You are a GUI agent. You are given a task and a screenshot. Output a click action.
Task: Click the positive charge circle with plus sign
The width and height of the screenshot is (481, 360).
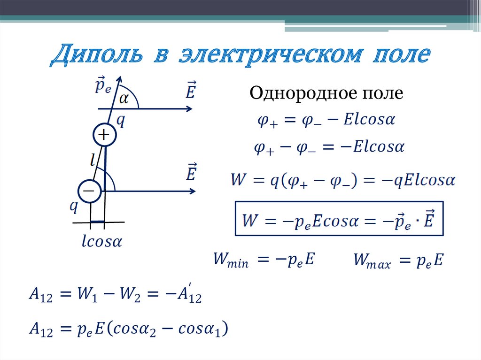pyautogui.click(x=103, y=136)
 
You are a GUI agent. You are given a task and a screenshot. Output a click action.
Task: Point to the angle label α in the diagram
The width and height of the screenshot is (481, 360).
pyautogui.click(x=124, y=98)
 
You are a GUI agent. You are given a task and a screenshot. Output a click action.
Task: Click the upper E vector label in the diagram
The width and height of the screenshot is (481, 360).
pyautogui.click(x=190, y=91)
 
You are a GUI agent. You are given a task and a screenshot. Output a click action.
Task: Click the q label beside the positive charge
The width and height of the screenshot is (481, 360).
pyautogui.click(x=121, y=121)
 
